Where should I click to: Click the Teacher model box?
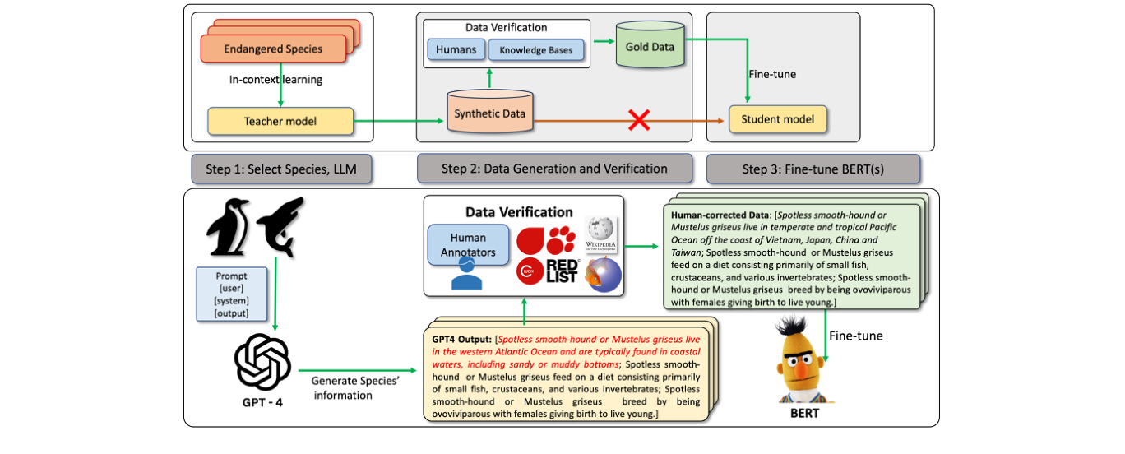coord(280,121)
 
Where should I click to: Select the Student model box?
coord(777,119)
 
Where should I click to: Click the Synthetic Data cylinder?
coord(489,113)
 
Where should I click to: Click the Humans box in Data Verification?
coord(456,49)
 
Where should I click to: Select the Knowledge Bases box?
coord(536,50)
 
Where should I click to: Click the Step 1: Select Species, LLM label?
coord(280,169)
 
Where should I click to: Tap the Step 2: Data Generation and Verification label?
coord(553,169)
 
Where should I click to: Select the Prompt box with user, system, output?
coord(230,294)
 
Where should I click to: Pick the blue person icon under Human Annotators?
coord(466,276)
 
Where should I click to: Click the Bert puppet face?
coord(804,361)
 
